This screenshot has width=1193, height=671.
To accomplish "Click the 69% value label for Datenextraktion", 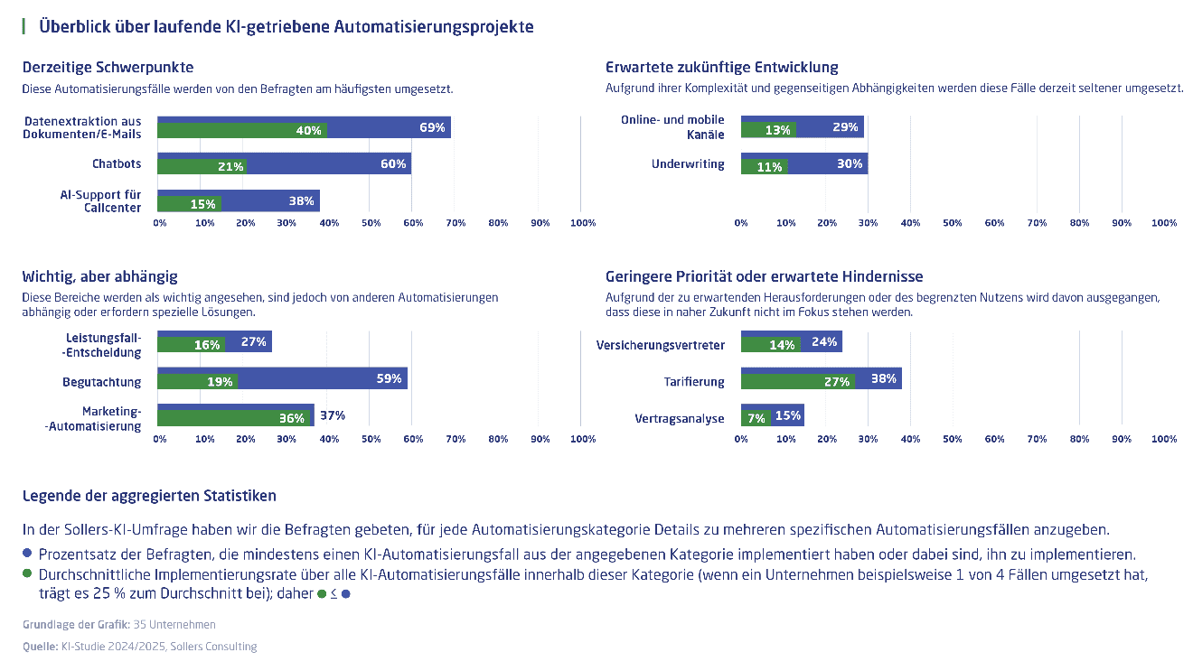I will [x=432, y=127].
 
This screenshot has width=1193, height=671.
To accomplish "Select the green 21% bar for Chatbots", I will [x=202, y=167].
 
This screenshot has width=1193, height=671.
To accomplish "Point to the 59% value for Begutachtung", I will [x=389, y=378].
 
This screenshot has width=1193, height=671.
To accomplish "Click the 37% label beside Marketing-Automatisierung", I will [x=333, y=415].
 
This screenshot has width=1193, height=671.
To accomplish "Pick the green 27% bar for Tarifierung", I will [x=797, y=382].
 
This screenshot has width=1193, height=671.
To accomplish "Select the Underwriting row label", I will [x=688, y=164].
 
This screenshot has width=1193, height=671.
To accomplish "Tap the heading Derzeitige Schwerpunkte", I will [x=108, y=67].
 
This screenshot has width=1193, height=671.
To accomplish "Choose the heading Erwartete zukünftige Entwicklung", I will [x=721, y=67].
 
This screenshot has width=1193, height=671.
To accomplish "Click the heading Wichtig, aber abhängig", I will [x=99, y=276].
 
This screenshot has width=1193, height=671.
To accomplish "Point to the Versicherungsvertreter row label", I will [x=661, y=345].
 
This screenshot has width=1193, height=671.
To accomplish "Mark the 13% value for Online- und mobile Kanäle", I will [x=778, y=130].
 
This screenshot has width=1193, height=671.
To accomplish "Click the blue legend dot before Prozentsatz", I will [x=27, y=553].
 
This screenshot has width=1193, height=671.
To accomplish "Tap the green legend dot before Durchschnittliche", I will [x=27, y=573].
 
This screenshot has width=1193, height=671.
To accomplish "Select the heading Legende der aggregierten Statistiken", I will [x=149, y=496].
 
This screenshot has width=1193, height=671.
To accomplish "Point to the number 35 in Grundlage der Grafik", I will [x=140, y=624].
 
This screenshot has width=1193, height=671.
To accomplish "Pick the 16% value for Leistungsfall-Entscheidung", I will [x=207, y=345].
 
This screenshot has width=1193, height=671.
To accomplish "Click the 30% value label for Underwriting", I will [x=850, y=164].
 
